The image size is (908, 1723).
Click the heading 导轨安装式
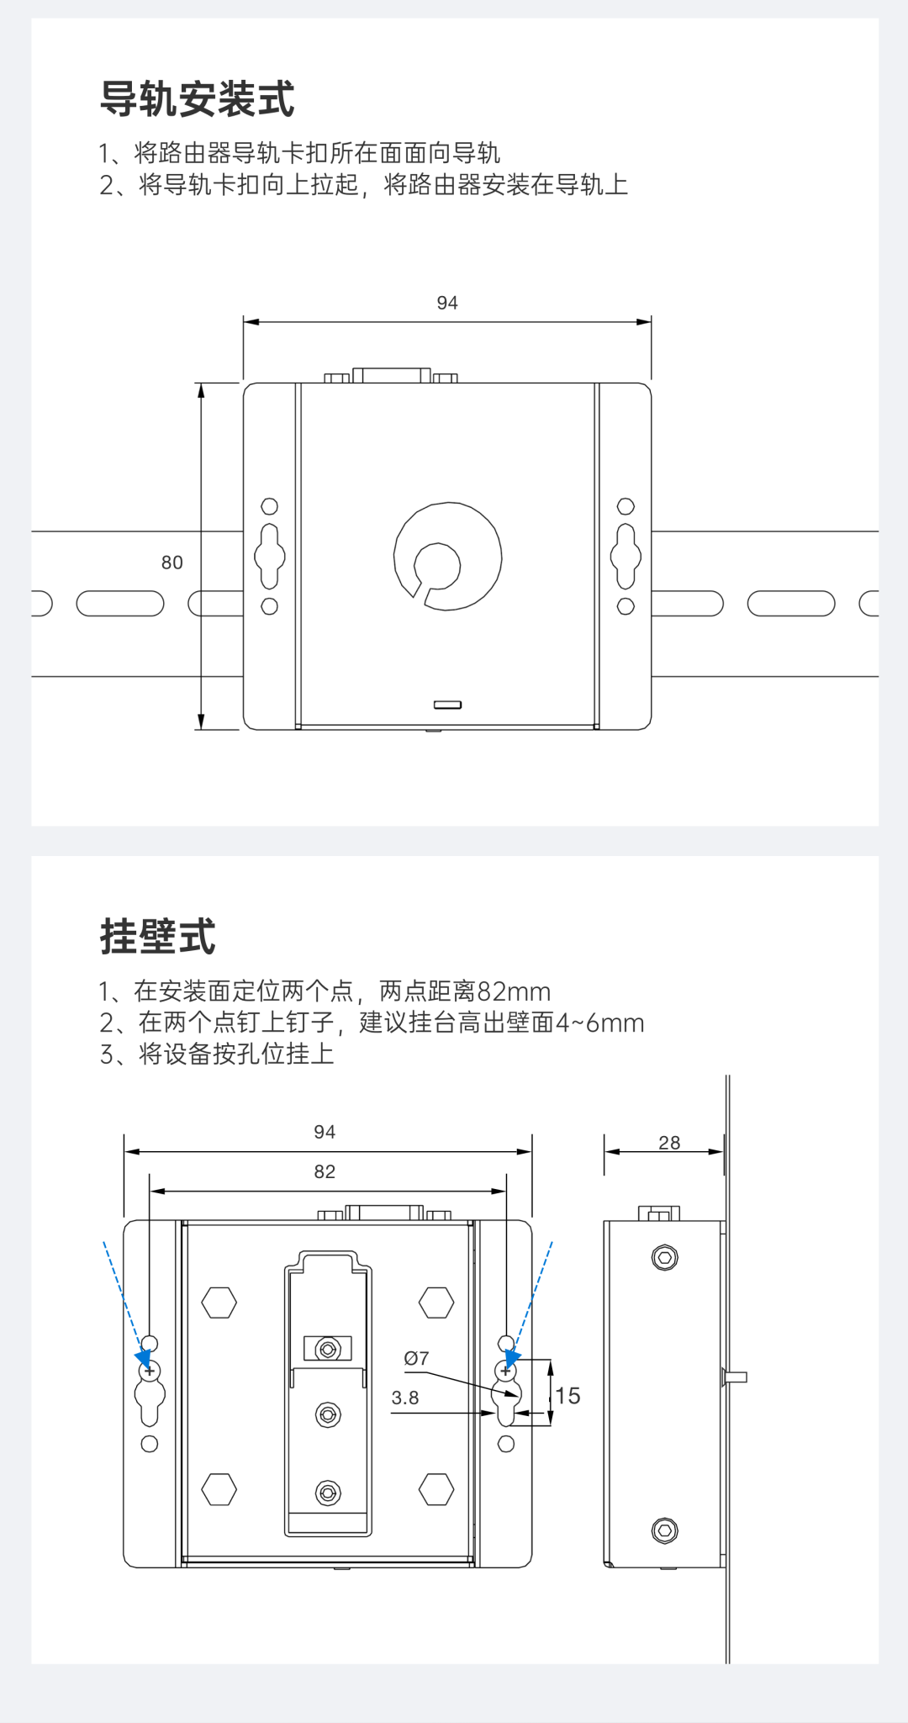click(x=197, y=99)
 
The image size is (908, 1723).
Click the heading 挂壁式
click(x=158, y=937)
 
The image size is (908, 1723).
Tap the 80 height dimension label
click(x=172, y=563)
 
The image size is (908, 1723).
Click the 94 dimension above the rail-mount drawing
click(x=446, y=303)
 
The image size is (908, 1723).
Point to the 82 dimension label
click(x=325, y=1171)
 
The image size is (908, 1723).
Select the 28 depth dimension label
click(x=669, y=1143)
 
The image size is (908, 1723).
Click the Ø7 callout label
click(x=416, y=1358)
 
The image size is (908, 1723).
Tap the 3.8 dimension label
click(x=404, y=1398)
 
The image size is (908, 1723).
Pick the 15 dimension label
click(x=567, y=1396)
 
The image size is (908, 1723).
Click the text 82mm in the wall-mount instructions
click(x=514, y=991)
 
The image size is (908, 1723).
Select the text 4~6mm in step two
click(x=599, y=1023)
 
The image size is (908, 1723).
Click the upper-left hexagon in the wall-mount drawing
click(x=219, y=1303)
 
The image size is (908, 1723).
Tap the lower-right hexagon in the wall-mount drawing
click(x=436, y=1489)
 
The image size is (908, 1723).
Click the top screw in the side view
click(x=664, y=1258)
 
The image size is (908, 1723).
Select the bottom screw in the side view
click(x=664, y=1530)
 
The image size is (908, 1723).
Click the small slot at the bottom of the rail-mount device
click(x=447, y=705)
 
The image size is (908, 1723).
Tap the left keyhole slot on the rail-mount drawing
click(x=270, y=556)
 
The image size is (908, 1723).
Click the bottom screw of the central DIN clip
click(x=328, y=1493)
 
